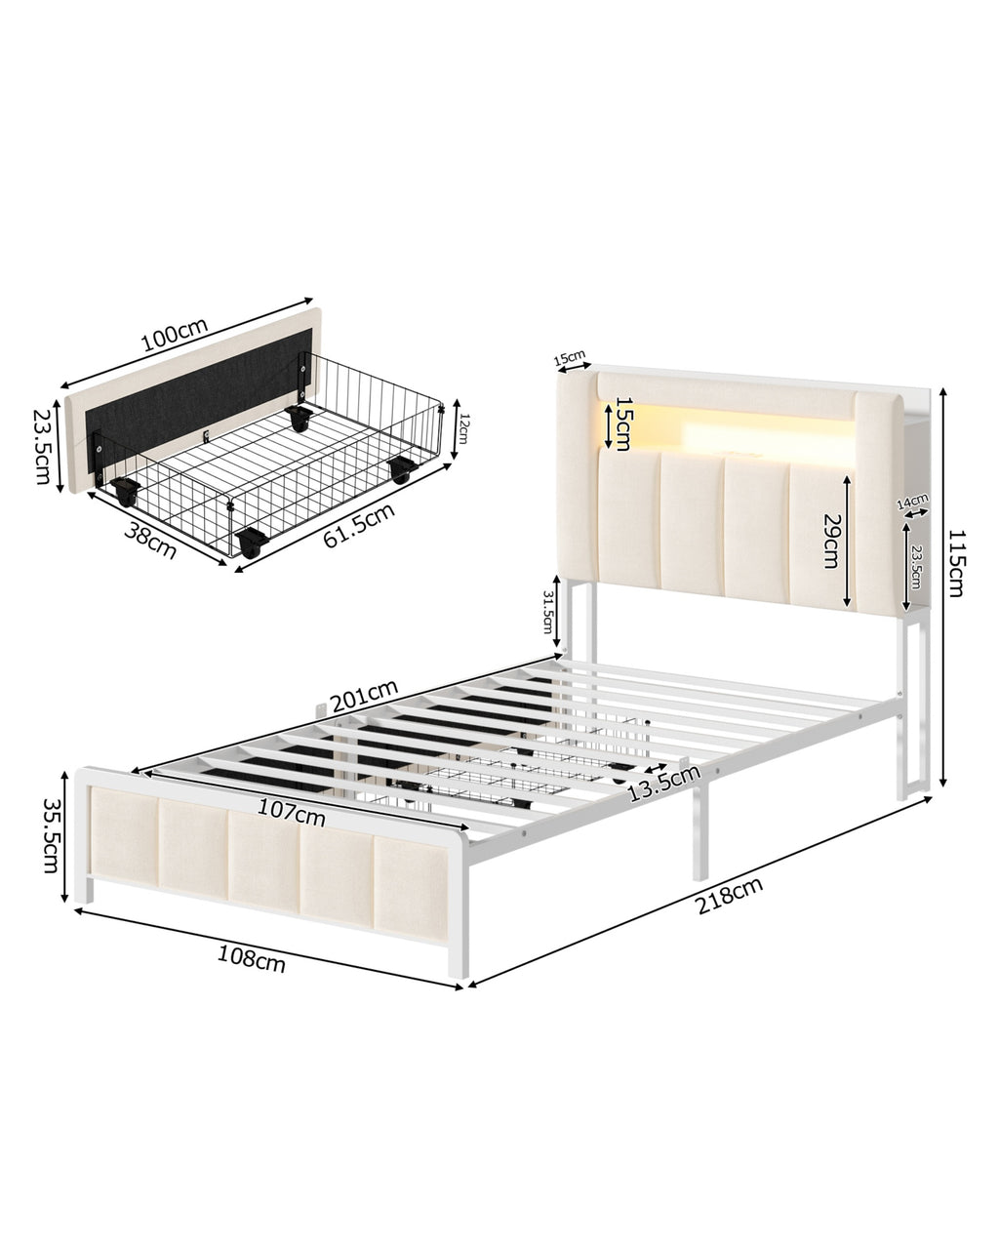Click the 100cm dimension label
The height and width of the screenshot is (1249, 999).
click(175, 335)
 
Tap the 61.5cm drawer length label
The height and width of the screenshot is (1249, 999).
click(359, 525)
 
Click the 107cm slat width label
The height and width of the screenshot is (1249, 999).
click(292, 812)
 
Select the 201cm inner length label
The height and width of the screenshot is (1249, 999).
click(365, 696)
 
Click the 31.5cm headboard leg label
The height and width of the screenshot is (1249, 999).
click(546, 612)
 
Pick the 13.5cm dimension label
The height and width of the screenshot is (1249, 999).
click(664, 784)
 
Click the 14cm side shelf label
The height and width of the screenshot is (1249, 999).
click(912, 500)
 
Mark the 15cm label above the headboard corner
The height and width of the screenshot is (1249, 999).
click(570, 357)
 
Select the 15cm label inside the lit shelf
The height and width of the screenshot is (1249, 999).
click(622, 423)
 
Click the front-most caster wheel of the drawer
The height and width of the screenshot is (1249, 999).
click(252, 543)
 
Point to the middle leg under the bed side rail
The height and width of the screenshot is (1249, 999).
click(700, 827)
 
